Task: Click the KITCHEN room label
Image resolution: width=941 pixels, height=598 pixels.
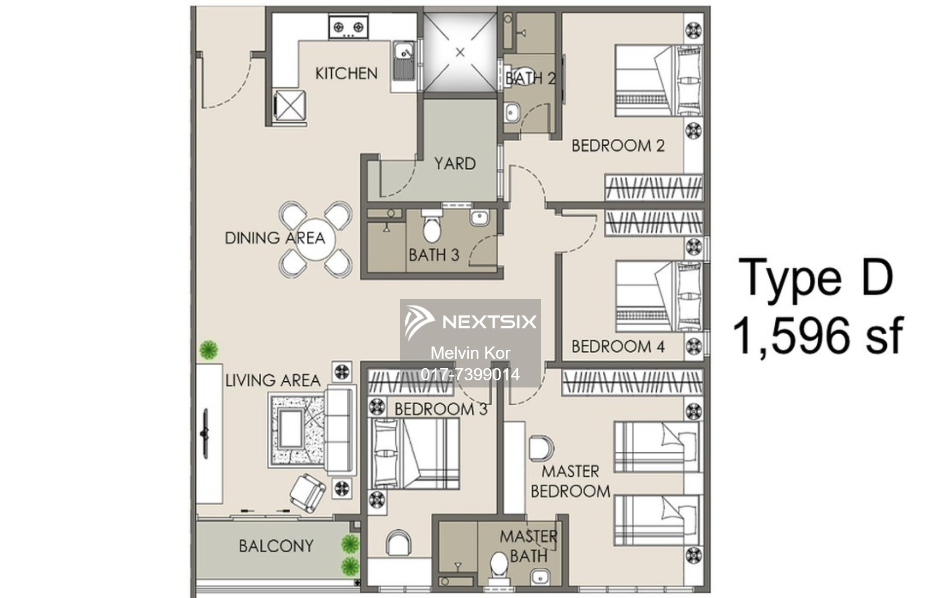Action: [x=346, y=73]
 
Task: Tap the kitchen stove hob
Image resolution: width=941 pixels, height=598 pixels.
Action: [x=348, y=27]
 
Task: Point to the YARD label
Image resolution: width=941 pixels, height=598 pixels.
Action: [x=455, y=164]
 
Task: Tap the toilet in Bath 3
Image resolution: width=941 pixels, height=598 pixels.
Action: [x=431, y=226]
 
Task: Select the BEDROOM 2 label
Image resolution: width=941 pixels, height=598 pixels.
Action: [x=618, y=146]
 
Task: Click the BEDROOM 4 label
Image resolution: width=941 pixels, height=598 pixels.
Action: [x=618, y=347]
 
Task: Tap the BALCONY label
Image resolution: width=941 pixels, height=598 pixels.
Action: [x=276, y=546]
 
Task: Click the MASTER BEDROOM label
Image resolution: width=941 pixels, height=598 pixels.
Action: [x=570, y=481]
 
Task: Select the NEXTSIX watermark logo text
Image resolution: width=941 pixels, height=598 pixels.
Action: [x=489, y=322]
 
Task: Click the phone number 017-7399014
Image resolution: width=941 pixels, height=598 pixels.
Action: [x=470, y=375]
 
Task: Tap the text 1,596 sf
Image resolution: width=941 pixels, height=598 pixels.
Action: [x=818, y=335]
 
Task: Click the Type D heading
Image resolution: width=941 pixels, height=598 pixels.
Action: [x=816, y=278]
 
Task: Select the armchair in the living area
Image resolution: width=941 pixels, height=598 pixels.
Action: [x=307, y=493]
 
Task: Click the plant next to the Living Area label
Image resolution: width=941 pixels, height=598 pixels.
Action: [x=208, y=350]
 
